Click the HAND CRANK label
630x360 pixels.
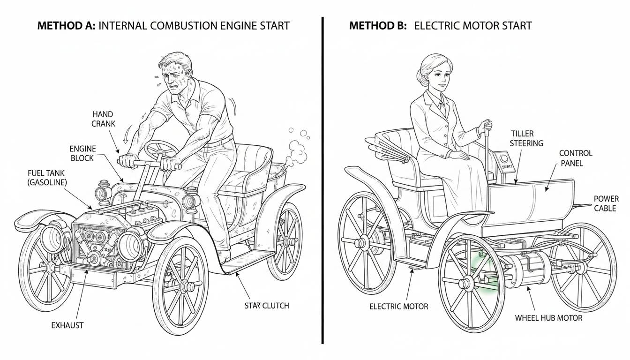(x=104, y=119)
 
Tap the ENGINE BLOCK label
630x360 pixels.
(x=82, y=153)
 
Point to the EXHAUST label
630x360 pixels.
(x=67, y=325)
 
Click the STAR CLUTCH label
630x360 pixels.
(x=266, y=306)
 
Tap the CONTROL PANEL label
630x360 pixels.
(x=576, y=158)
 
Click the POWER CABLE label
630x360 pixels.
(x=606, y=203)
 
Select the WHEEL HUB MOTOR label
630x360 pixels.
(x=548, y=318)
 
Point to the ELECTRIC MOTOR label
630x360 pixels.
(x=398, y=307)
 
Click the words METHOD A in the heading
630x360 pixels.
(x=66, y=25)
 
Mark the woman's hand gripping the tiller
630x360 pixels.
(x=486, y=126)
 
